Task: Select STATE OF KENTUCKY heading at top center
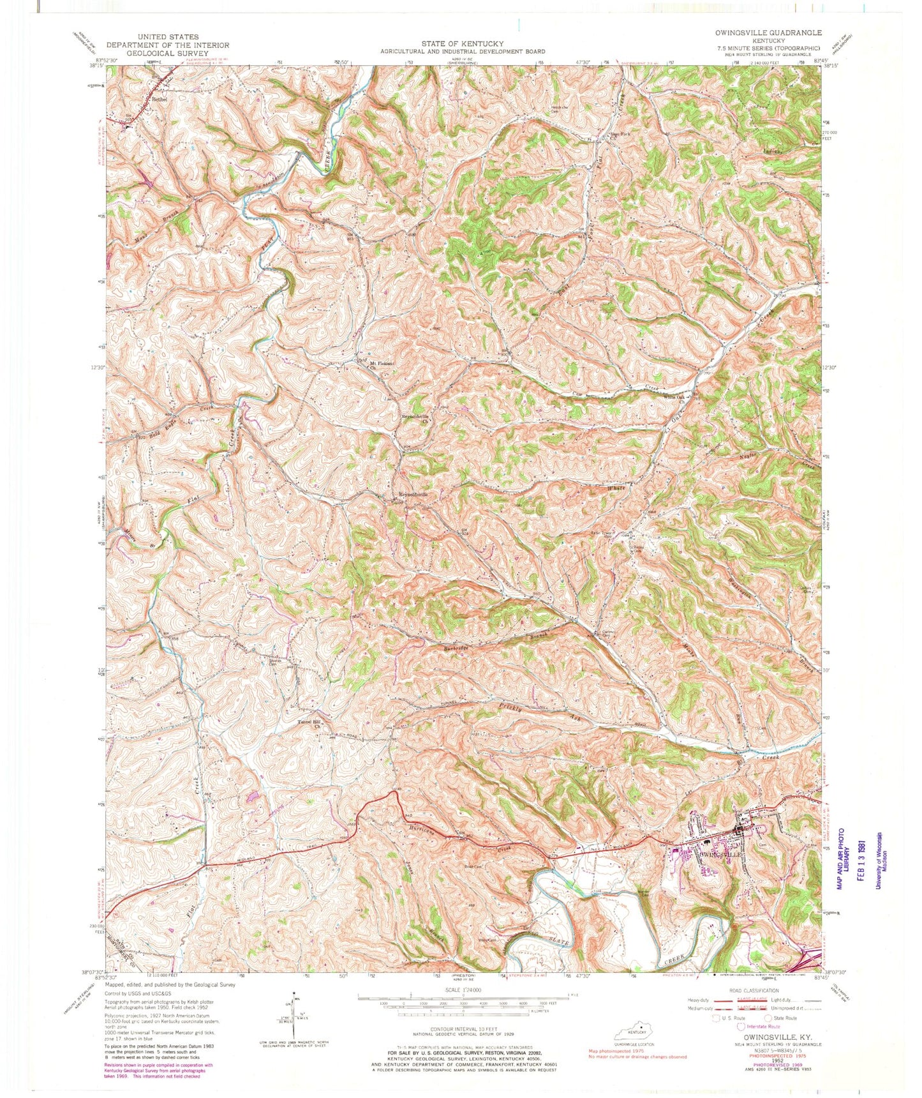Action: [x=462, y=43]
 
